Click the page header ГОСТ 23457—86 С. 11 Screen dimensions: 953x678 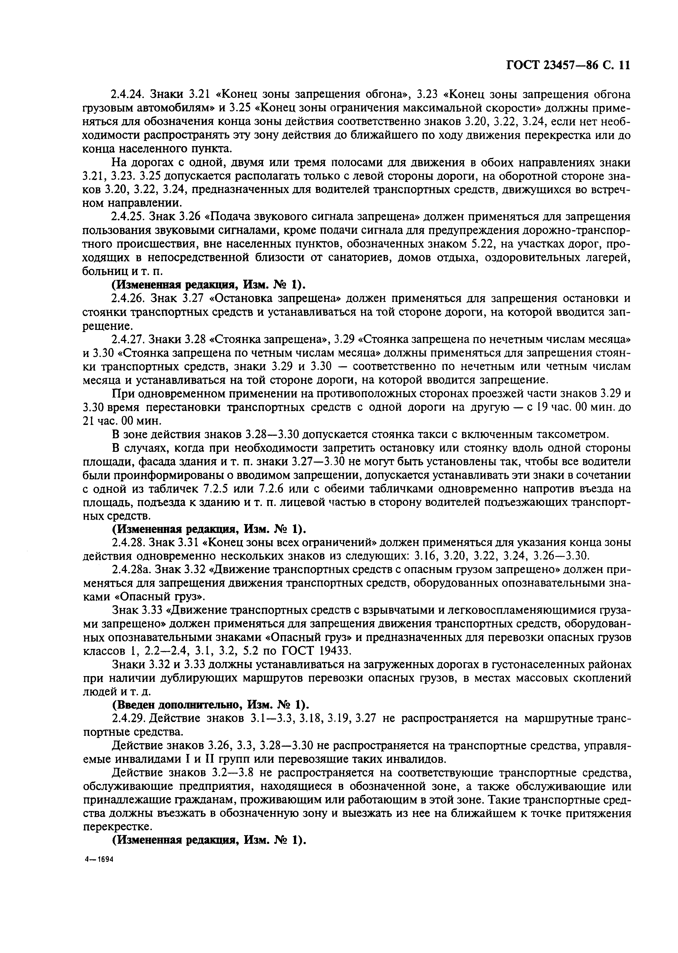[x=567, y=66]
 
